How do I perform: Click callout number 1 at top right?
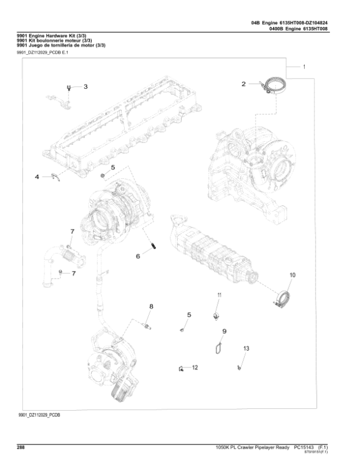click(x=304, y=67)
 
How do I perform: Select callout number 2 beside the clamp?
click(x=244, y=85)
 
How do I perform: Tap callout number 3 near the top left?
click(x=85, y=87)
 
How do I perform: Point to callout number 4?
click(x=37, y=177)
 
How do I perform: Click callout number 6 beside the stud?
click(x=137, y=256)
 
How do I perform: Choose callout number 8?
click(x=151, y=307)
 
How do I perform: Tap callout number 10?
click(x=293, y=276)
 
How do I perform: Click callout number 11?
click(x=219, y=294)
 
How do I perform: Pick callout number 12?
click(x=195, y=367)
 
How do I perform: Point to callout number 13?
click(x=245, y=349)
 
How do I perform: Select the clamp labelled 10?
click(x=283, y=298)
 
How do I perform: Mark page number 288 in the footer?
click(x=20, y=447)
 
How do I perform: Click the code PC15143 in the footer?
click(x=304, y=447)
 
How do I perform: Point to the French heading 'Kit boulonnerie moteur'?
click(x=49, y=41)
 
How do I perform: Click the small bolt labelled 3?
click(x=70, y=88)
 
